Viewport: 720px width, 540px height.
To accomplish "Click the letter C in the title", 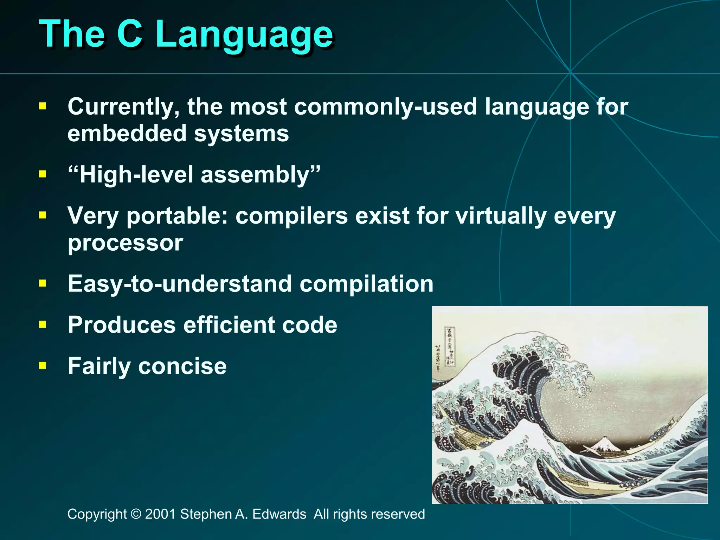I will [129, 33].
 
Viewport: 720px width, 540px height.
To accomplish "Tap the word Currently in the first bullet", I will [123, 107].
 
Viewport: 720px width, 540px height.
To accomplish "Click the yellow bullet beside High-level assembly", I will [43, 174].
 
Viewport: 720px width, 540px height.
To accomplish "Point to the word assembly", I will [255, 175].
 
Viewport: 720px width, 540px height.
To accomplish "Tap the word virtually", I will [501, 216].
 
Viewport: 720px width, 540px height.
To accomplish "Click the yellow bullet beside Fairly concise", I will [43, 366].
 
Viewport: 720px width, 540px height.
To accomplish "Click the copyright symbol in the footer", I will [136, 514].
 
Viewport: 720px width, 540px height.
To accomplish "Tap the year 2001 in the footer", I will [160, 514].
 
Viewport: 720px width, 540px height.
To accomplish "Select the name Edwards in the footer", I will [279, 514].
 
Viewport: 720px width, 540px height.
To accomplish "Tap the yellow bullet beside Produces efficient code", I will [43, 324].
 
